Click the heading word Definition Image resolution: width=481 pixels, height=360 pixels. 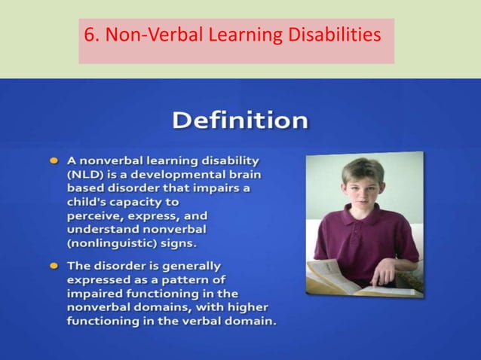click(240, 121)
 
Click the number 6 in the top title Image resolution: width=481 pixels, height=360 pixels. click(90, 35)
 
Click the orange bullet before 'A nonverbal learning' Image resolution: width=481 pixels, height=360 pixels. click(55, 160)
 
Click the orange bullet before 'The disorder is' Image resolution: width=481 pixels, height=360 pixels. click(55, 266)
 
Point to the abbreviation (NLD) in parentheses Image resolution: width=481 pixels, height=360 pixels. click(87, 173)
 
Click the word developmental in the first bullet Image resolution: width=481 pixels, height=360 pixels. click(176, 173)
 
